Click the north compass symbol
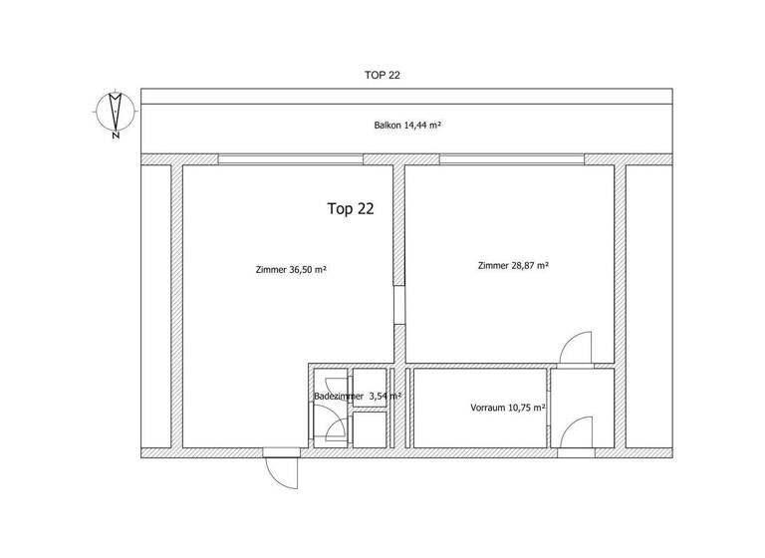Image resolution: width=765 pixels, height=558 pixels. [x=115, y=110]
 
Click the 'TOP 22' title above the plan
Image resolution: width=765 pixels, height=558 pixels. [x=382, y=75]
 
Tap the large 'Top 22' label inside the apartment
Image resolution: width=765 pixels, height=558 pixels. [x=351, y=209]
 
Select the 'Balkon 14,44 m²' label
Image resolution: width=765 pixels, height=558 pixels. [x=401, y=127]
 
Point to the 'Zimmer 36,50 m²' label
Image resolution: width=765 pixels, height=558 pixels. [x=292, y=269]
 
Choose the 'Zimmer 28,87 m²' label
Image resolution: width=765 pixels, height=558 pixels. [x=514, y=266]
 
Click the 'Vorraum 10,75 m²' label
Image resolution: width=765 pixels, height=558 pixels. [x=508, y=408]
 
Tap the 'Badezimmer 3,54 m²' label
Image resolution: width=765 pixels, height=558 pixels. [x=358, y=396]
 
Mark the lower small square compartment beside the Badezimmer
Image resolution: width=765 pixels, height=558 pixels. [x=369, y=428]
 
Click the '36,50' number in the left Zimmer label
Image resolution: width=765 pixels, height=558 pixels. [x=305, y=269]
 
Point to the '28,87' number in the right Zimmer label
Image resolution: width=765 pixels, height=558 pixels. [x=527, y=266]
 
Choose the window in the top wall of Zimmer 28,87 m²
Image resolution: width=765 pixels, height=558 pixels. [x=512, y=159]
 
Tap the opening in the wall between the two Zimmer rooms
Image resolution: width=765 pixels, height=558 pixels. [x=399, y=305]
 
